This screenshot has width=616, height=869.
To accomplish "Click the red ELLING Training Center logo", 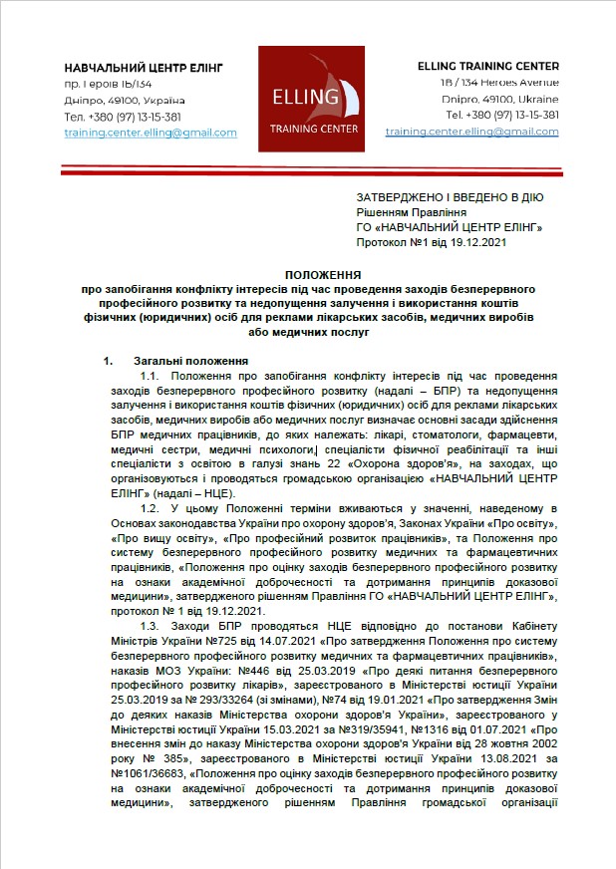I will click(x=308, y=97).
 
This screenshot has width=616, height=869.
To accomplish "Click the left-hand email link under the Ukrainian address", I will click(x=151, y=133).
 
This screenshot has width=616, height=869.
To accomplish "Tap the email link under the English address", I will click(x=471, y=132).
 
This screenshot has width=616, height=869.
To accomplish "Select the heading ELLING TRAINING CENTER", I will click(x=488, y=66).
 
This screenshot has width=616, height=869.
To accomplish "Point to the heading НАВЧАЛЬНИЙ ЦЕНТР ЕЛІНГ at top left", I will click(x=144, y=67).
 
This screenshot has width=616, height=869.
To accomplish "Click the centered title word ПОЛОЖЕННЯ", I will click(x=309, y=272).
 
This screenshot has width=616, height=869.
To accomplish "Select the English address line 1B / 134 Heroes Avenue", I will click(x=499, y=82).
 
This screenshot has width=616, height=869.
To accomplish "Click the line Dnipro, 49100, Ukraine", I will click(x=499, y=99).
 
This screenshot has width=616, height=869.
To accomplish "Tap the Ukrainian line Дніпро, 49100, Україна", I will click(x=125, y=100).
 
